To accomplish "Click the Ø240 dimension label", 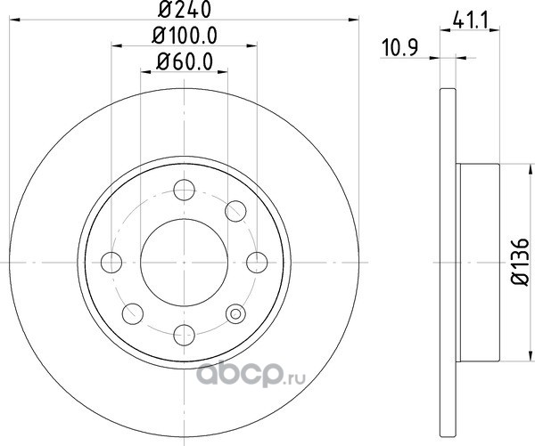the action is click(x=185, y=10).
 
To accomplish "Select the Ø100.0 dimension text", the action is click(x=185, y=36).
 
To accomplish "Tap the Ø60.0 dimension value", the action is click(x=185, y=62).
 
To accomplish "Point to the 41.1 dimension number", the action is click(x=471, y=21).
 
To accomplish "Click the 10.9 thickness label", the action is click(x=399, y=48).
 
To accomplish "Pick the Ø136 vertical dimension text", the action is click(x=521, y=262).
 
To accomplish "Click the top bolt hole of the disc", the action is click(x=185, y=190).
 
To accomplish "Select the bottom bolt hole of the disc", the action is click(x=185, y=336).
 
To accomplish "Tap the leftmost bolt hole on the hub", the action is click(x=111, y=263).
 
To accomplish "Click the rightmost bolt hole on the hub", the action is click(x=257, y=263).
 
